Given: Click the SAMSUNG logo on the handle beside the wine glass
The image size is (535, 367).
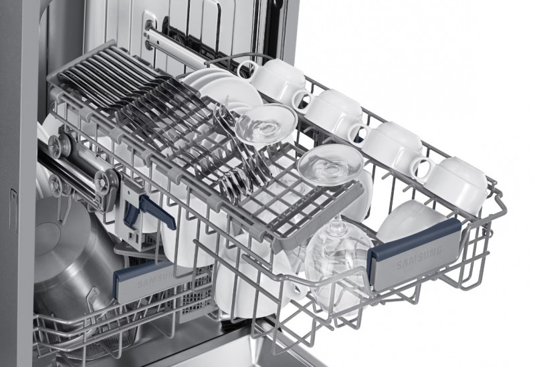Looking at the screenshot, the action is (419, 257).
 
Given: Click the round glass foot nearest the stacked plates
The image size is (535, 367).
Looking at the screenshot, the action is (265, 123).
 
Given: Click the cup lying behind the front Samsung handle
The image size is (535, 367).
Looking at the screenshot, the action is (409, 222).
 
